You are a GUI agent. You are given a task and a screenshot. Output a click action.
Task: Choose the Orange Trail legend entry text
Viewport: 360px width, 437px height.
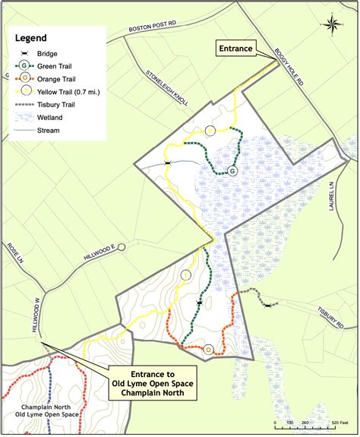coord(63,78)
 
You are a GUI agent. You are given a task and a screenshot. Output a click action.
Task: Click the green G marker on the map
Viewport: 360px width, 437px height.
coord(232,172)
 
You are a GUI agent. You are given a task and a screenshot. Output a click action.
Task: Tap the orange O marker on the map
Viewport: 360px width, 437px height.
coord(208,350)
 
